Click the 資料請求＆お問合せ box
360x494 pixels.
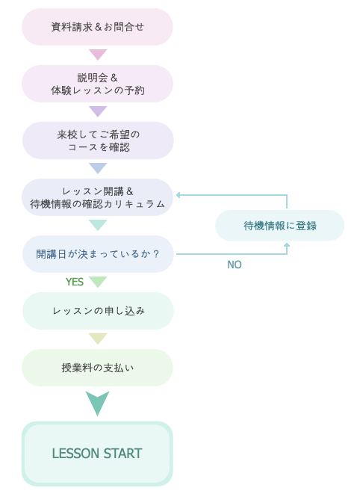coord(97,27)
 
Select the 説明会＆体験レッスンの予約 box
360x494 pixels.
coord(97,84)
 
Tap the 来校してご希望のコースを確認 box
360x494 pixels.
coord(98,141)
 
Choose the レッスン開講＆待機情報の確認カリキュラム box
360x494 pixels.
coord(97,197)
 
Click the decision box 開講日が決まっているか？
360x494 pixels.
coord(98,254)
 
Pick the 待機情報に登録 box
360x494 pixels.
coord(279,226)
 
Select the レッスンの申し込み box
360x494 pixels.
coord(98,311)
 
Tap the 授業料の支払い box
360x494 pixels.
coord(97,368)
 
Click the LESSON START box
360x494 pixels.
coord(97,454)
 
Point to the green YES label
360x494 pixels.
coord(75,282)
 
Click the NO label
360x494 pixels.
coord(235,265)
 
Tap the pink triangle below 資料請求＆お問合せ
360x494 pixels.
coord(98,55)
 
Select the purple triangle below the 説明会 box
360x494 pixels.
coord(98,111)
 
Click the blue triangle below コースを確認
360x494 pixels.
coord(98,168)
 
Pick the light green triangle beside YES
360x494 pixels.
coord(98,282)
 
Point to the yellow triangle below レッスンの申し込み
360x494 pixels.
coord(98,339)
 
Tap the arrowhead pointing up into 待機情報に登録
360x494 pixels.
coord(287,245)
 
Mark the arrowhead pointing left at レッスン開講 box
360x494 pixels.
coord(179,195)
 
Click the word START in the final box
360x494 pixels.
coord(122,454)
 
